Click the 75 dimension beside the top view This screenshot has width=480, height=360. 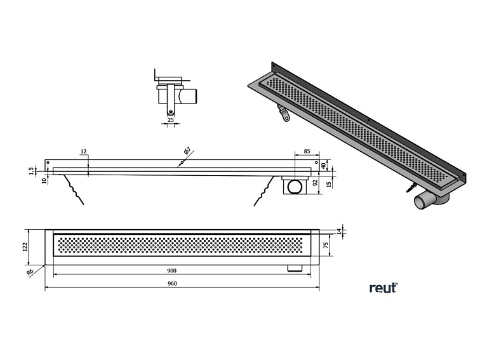[x=325, y=245]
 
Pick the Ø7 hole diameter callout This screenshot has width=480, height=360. [x=186, y=152]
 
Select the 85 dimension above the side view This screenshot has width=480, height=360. [x=307, y=152]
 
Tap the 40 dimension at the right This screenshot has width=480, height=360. [x=323, y=165]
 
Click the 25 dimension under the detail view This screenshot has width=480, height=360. [x=170, y=118]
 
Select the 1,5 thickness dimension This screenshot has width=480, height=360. [x=31, y=170]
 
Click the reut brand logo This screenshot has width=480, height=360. [x=383, y=288]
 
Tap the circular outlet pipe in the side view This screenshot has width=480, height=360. [x=295, y=187]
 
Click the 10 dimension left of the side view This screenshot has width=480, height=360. [x=44, y=181]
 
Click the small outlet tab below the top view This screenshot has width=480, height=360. [x=295, y=267]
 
